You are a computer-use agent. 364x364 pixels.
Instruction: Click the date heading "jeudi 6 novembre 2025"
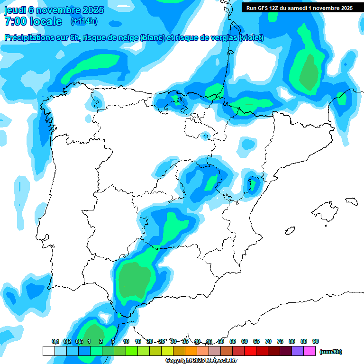(54, 10)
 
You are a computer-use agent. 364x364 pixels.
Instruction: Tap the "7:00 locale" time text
(33, 21)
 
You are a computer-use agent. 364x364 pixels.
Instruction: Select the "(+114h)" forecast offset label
(84, 21)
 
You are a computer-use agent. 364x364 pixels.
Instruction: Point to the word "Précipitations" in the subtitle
(29, 38)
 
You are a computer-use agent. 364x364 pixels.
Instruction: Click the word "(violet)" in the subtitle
(251, 38)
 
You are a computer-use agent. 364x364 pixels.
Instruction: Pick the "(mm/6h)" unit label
(330, 352)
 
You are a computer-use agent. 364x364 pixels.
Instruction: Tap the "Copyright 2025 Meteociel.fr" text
(201, 361)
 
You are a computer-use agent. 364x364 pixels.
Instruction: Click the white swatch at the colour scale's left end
(48, 351)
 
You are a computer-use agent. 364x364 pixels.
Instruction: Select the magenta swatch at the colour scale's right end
(309, 351)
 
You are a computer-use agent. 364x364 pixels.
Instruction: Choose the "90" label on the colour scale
(316, 341)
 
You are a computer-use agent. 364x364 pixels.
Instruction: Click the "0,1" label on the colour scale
(55, 341)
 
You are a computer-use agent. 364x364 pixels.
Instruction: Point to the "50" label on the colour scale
(221, 341)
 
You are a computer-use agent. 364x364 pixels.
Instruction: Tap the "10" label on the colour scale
(126, 341)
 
